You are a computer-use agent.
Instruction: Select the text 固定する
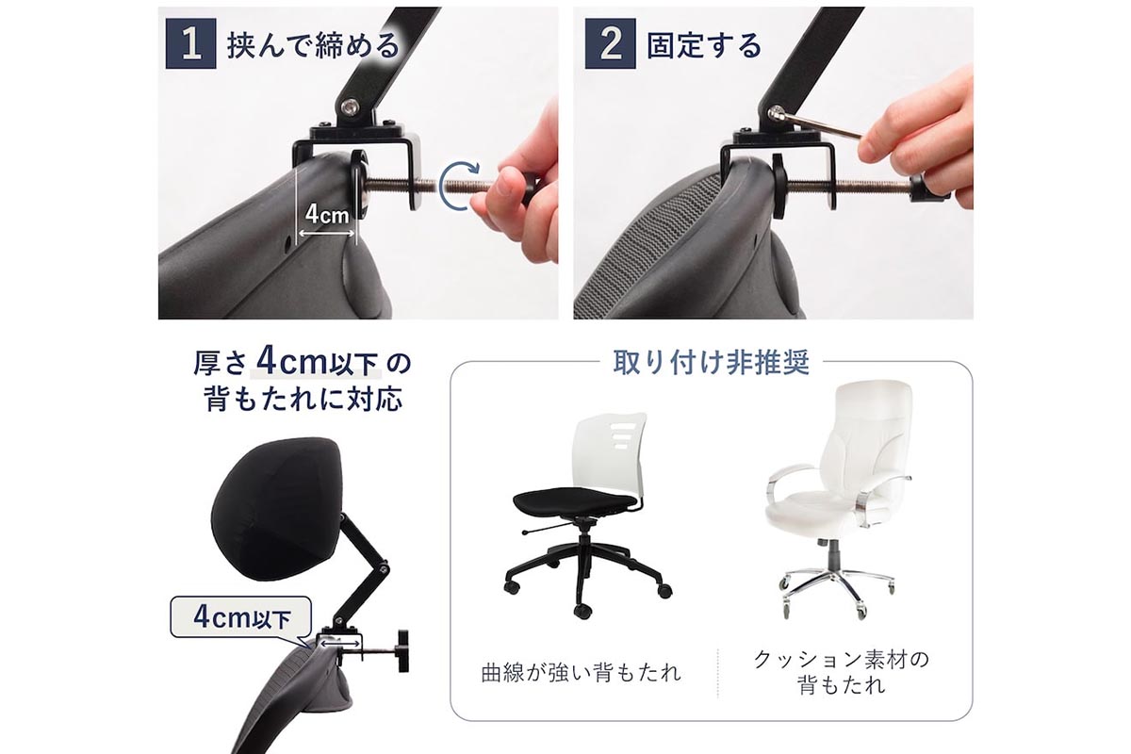coord(703,45)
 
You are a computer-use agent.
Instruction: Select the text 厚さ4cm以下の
coord(303,362)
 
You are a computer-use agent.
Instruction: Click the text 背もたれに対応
coord(303,399)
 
